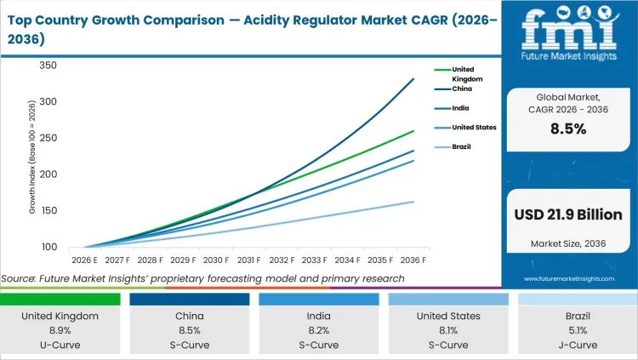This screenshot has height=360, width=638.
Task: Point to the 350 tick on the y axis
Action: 48,66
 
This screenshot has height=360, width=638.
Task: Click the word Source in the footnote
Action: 18,279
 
